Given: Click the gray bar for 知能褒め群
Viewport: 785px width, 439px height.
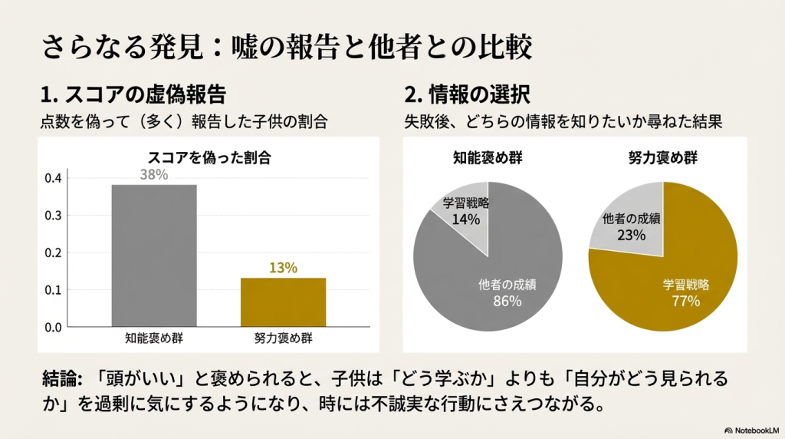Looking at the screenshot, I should coord(154,256).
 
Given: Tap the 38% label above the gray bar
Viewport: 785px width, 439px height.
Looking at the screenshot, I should coord(154,175).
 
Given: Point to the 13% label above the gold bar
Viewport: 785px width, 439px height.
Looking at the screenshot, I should coord(283,268).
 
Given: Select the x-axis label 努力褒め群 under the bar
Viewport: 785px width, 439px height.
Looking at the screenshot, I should coord(283,338).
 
